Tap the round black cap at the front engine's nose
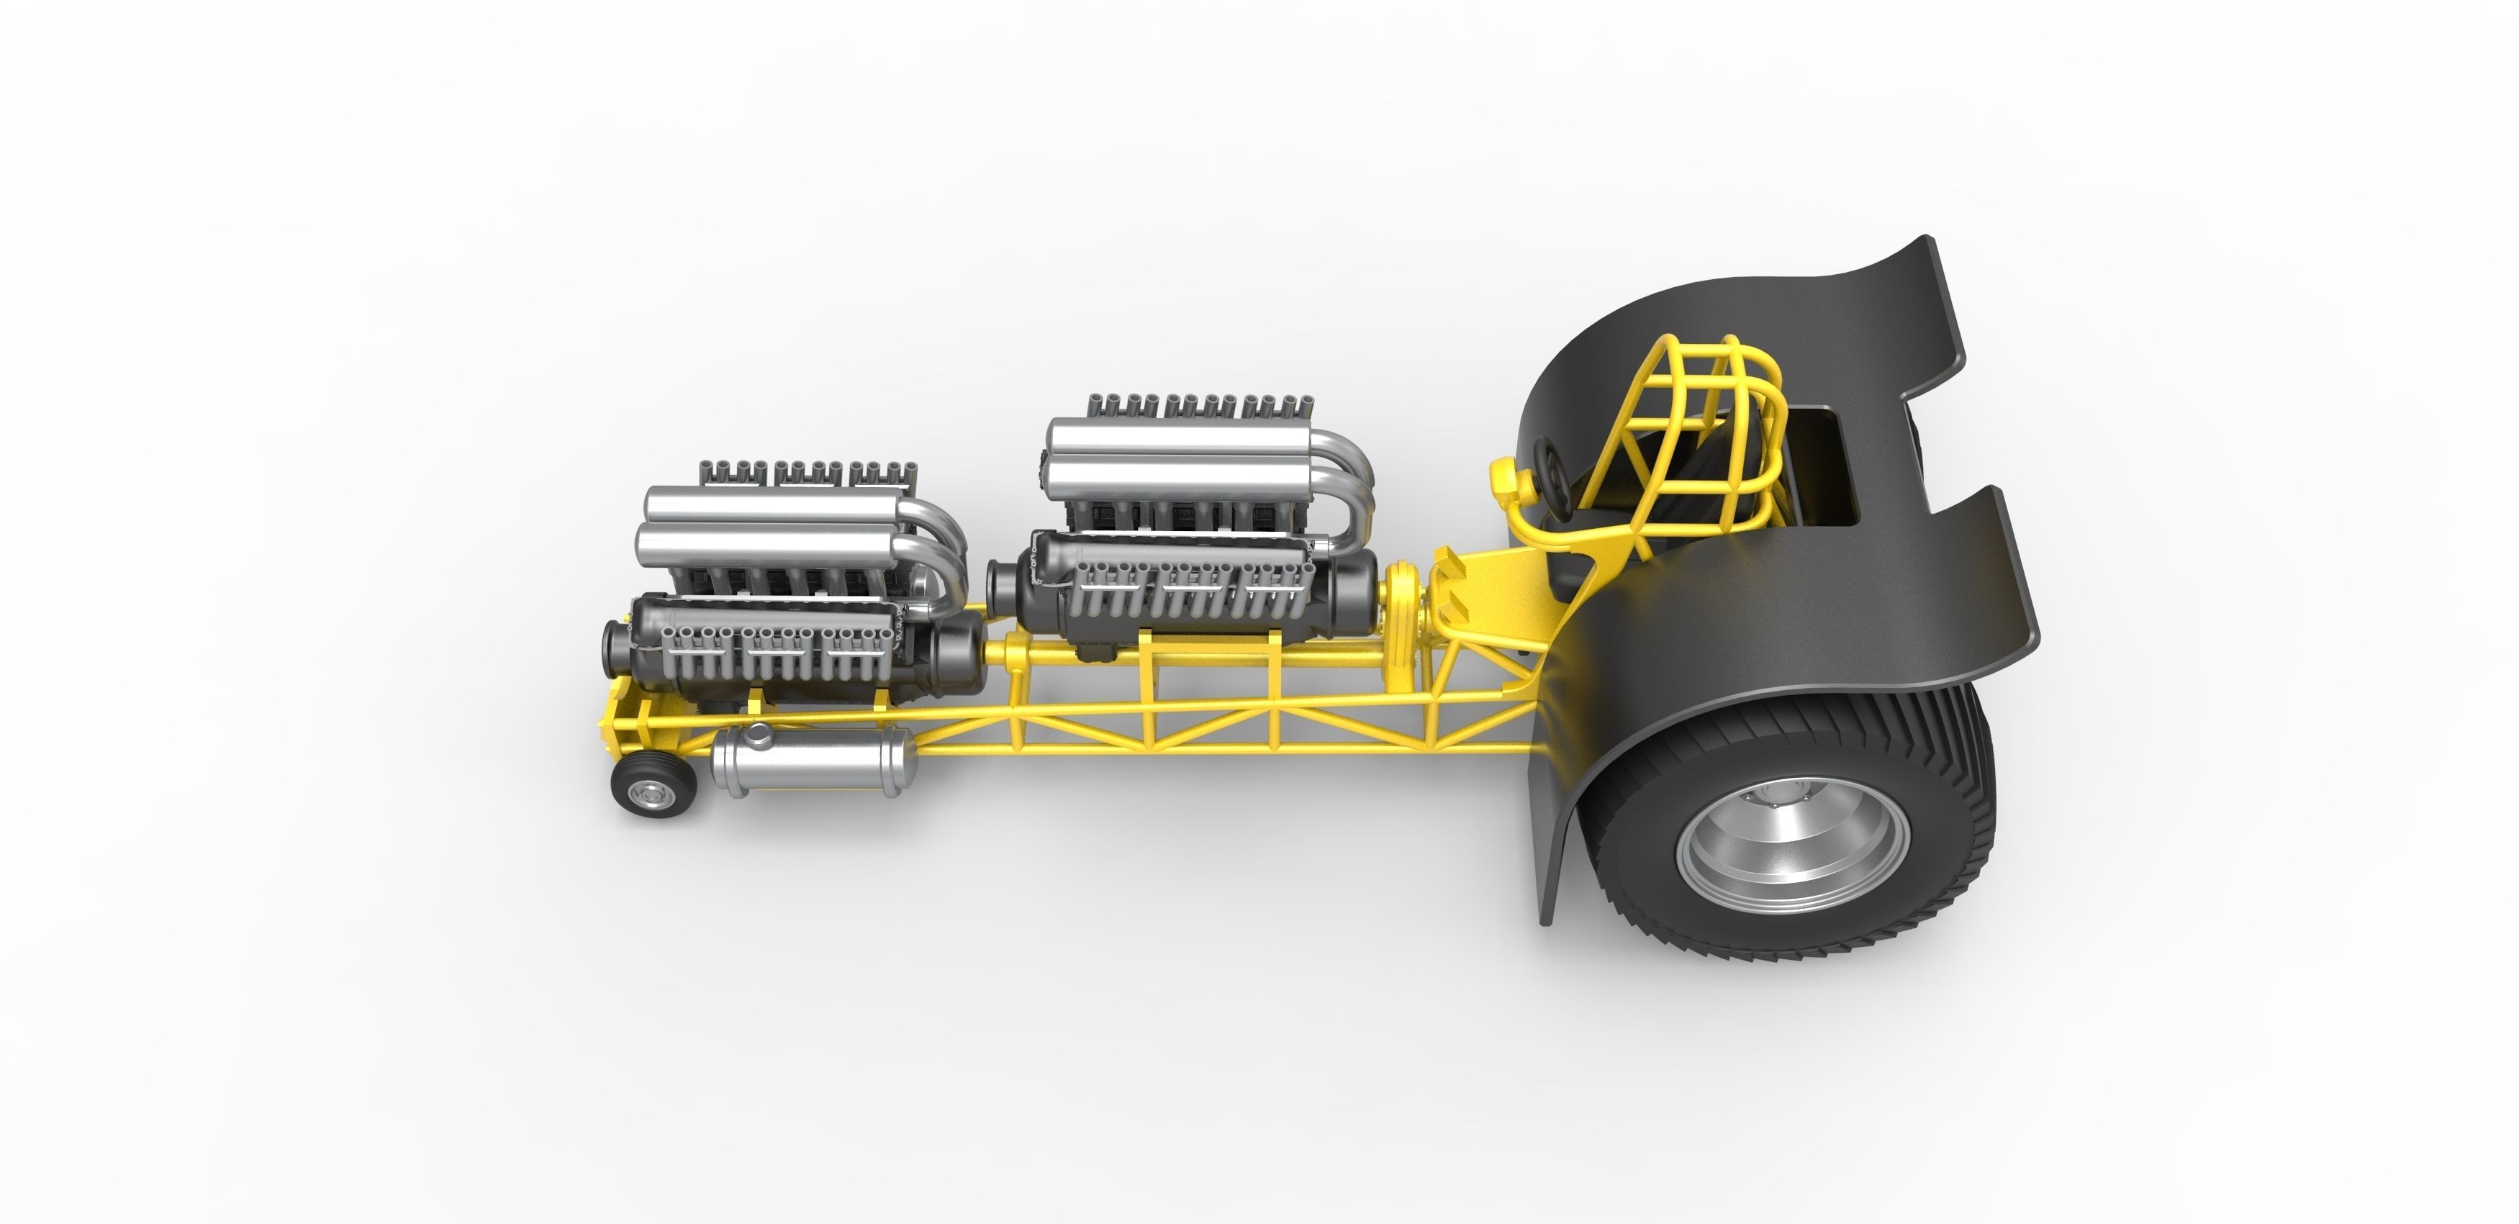(x=616, y=650)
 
